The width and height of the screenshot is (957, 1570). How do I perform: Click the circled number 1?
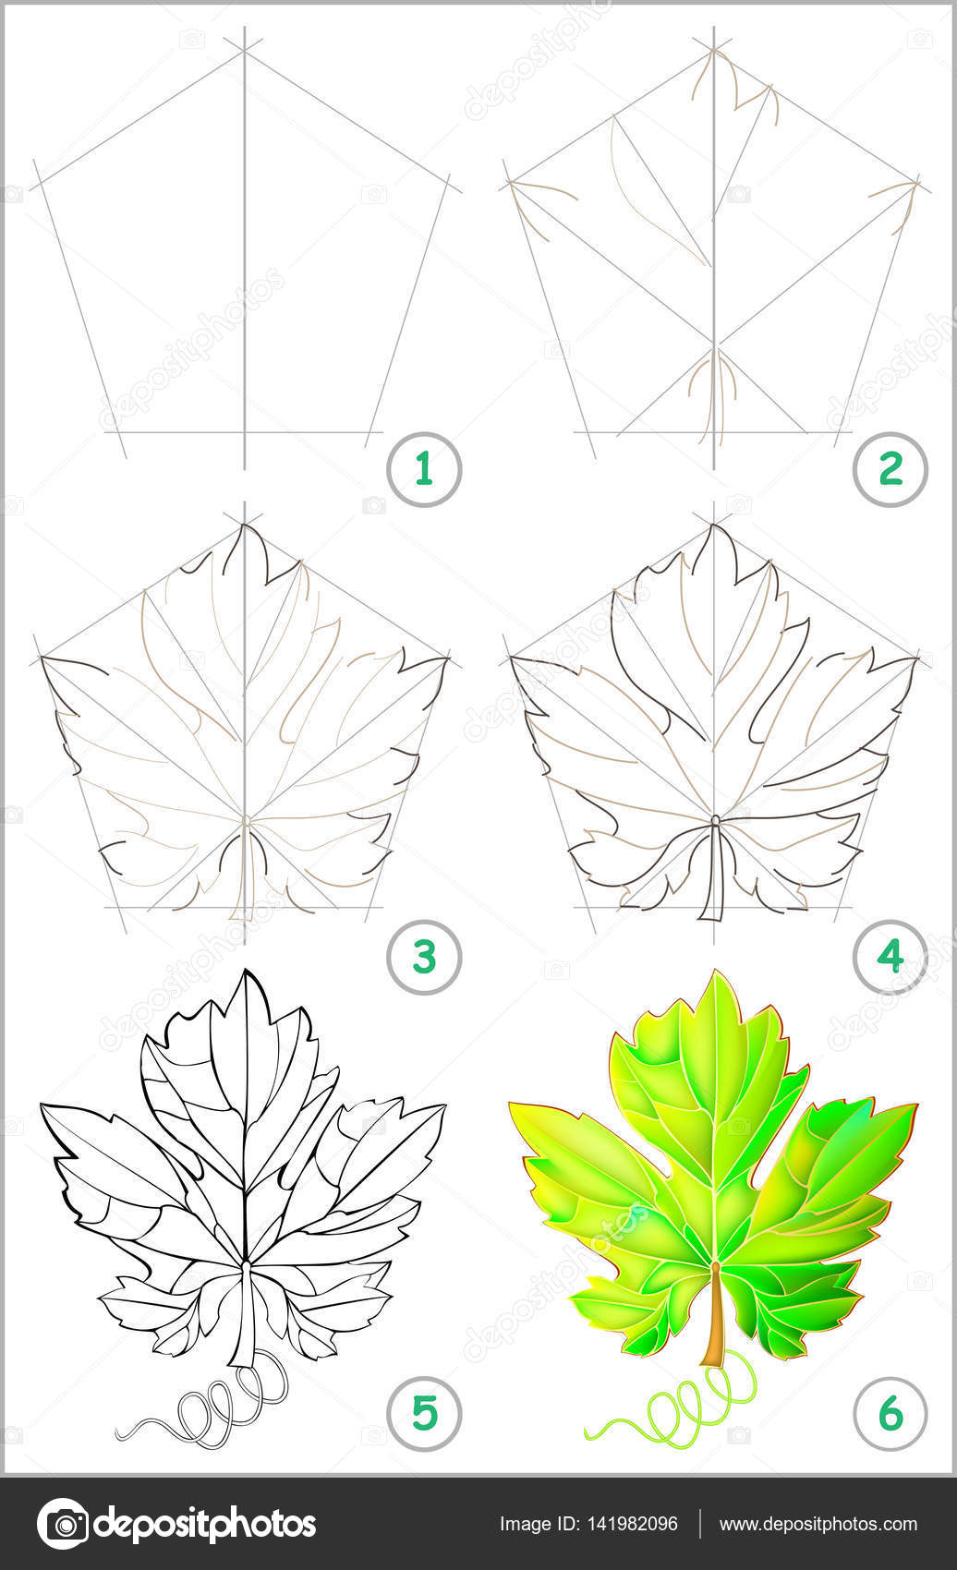click(423, 469)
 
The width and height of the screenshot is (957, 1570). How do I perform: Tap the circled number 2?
click(890, 469)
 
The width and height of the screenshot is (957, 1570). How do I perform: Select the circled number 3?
click(423, 957)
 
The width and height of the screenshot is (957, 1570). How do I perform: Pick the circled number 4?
click(890, 957)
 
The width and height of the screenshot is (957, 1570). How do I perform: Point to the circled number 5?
click(423, 1412)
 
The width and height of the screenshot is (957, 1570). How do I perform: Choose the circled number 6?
click(890, 1412)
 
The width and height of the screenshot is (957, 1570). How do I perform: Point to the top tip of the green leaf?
click(715, 970)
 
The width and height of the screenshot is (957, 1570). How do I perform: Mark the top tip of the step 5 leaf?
click(246, 970)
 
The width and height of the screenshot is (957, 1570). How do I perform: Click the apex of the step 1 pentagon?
click(245, 50)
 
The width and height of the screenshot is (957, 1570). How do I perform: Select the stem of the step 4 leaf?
click(711, 869)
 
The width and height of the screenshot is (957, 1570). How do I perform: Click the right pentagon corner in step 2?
click(917, 183)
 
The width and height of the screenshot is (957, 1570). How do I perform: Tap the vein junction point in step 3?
click(246, 818)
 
